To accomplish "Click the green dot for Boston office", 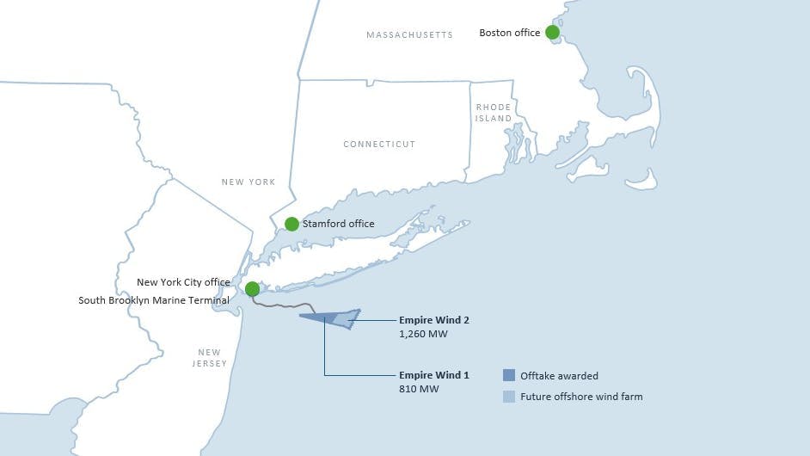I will [552, 33].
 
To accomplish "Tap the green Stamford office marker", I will [291, 224].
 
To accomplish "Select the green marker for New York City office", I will [252, 289].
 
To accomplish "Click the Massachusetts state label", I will [409, 35].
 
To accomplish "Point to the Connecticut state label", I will [379, 145].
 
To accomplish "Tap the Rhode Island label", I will [494, 113].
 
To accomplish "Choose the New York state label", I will [249, 182].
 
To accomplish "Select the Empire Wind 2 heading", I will [434, 320].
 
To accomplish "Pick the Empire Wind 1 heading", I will [434, 375].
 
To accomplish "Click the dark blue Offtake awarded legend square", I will [509, 375].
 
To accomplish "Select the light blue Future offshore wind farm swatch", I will [509, 397].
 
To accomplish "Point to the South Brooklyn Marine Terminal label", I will [154, 300].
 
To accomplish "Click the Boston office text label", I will [510, 33].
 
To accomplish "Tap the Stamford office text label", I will [338, 224].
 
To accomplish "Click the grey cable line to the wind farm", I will [284, 306].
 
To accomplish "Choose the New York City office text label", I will [183, 282].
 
